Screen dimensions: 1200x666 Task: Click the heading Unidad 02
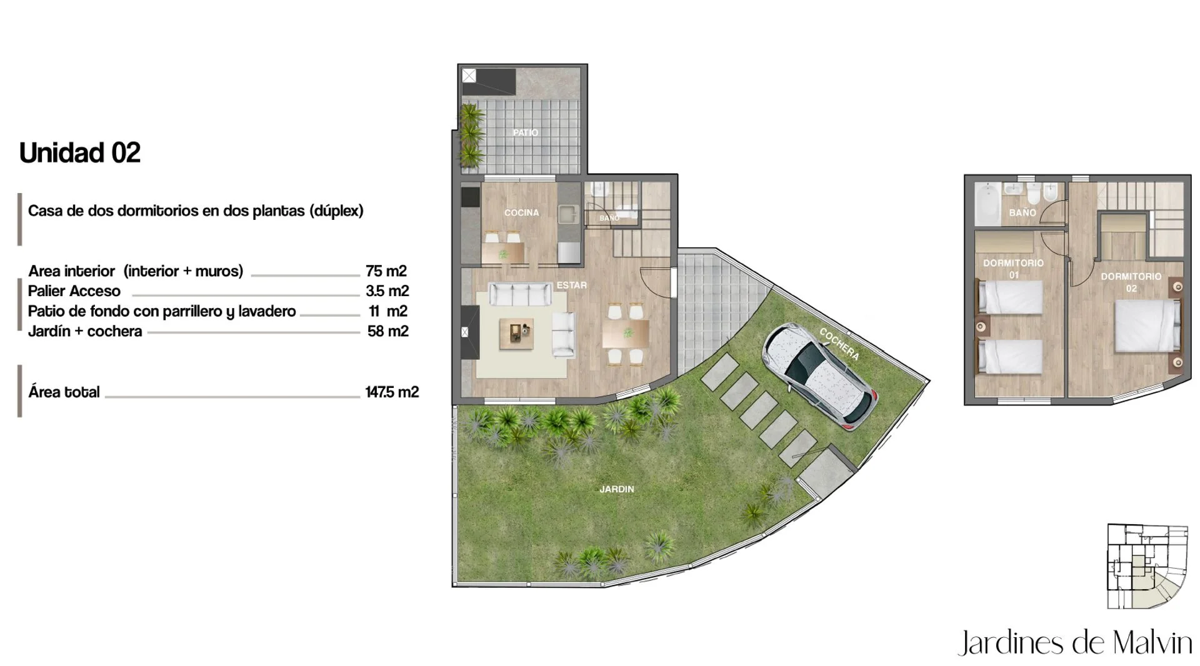(x=80, y=152)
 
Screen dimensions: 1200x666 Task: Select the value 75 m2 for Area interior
(x=386, y=271)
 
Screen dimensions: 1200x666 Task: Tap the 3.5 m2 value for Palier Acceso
(x=387, y=291)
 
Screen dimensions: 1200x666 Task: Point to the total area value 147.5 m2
(x=392, y=392)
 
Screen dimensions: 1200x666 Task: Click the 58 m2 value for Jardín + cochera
(x=388, y=331)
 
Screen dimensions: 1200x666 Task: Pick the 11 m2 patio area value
(x=388, y=311)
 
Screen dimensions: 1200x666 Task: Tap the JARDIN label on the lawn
(x=617, y=489)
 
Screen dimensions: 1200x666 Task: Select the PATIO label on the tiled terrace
(x=526, y=132)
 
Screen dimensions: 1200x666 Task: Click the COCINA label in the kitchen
(x=522, y=212)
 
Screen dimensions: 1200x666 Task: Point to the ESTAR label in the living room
(x=572, y=285)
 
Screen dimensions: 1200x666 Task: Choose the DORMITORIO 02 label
(x=1131, y=282)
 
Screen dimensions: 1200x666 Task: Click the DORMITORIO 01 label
(x=1014, y=269)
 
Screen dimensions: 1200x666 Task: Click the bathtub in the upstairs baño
(x=987, y=204)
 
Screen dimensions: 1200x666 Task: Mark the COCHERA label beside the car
(x=839, y=344)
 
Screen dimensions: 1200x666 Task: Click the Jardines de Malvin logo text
(x=1075, y=643)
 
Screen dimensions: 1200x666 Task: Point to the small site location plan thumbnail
(x=1147, y=566)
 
